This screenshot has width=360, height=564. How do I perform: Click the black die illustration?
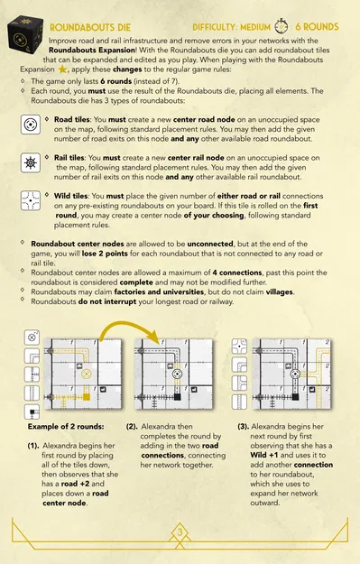[x=25, y=34]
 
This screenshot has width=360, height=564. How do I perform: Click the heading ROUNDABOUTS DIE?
[x=90, y=27]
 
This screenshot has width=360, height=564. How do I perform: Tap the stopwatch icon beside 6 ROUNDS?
[x=282, y=26]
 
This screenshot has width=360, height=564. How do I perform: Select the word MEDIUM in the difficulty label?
[x=255, y=27]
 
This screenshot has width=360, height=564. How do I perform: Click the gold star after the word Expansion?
[x=62, y=69]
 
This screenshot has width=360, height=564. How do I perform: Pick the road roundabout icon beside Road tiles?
[x=30, y=125]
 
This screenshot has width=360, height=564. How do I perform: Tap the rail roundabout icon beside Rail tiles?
[x=30, y=162]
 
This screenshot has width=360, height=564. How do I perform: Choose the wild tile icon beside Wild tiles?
[x=30, y=200]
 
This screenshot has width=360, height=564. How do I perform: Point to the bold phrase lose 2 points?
[x=105, y=254]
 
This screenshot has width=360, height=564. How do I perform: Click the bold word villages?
[x=280, y=291]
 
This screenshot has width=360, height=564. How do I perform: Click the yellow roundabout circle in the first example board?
[x=86, y=374]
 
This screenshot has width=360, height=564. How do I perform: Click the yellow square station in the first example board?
[x=87, y=397]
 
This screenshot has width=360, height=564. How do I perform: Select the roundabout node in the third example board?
[x=296, y=374]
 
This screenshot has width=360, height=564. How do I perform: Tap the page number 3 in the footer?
[x=180, y=532]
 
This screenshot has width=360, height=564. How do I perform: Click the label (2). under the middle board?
[x=132, y=426]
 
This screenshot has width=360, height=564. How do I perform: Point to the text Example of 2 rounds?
[x=66, y=426]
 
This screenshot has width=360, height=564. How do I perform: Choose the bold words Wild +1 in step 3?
[x=264, y=455]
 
